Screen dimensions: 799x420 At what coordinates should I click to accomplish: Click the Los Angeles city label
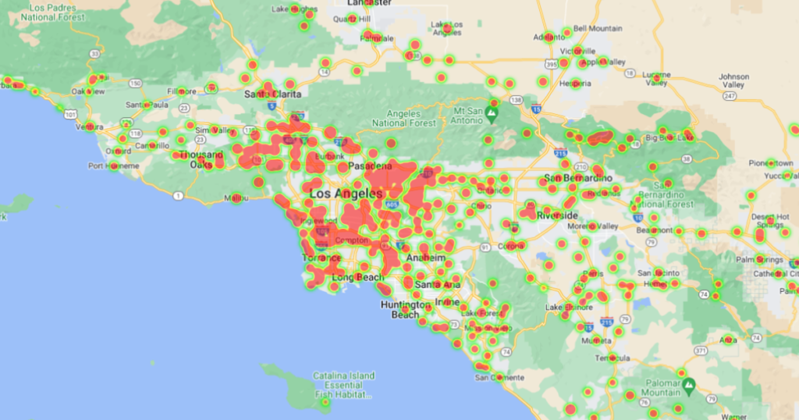pyautogui.click(x=346, y=193)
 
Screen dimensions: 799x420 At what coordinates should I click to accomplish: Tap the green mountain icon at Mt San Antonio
pyautogui.click(x=492, y=116)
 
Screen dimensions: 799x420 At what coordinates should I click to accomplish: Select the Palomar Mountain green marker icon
pyautogui.click(x=688, y=386)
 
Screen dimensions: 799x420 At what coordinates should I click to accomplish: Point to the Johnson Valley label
pyautogui.click(x=733, y=81)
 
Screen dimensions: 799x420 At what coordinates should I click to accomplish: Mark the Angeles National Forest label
pyautogui.click(x=405, y=118)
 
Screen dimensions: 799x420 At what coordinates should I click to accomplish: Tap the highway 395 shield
pyautogui.click(x=552, y=63)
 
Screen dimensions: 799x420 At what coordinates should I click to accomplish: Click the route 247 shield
pyautogui.click(x=730, y=95)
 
